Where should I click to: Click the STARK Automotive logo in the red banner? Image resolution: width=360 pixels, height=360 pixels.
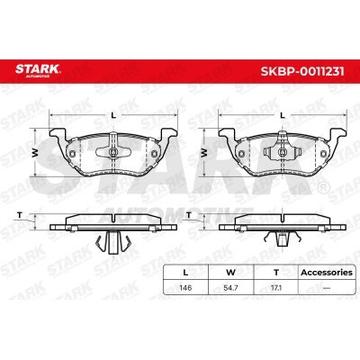point(38,70)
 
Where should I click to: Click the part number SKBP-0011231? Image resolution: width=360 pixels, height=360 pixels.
point(302,71)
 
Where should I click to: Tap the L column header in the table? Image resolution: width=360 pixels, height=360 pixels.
point(185,273)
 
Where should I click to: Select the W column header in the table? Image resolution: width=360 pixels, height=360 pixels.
point(230,273)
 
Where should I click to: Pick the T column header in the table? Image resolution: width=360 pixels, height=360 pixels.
point(276,273)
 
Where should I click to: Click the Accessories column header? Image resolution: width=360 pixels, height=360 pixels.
point(327,273)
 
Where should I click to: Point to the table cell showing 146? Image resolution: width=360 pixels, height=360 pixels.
point(185,288)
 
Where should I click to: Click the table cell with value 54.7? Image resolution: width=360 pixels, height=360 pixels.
point(230,288)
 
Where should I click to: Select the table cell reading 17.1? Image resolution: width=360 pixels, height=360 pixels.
point(276,288)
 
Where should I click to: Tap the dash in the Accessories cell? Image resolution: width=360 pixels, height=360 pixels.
point(327,288)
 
